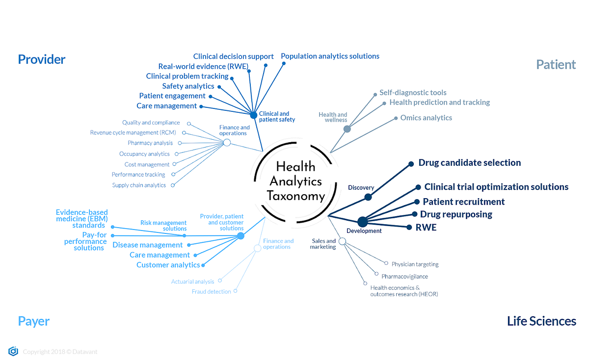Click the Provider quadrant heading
pos(42,59)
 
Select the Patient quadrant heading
pos(556,64)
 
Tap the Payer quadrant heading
pos(34,321)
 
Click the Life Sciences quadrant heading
pos(541,321)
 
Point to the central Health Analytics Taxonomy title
pos(295,181)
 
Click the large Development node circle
pos(362,222)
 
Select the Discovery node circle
pos(368,197)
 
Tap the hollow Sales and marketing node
pos(342,241)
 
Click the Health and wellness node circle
pos(347,129)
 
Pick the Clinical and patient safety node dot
pos(253,115)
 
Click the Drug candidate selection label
pos(469,163)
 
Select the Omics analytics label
pos(426,118)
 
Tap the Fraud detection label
pos(211,292)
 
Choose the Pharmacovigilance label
pos(404,277)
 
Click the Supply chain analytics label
pos(139,185)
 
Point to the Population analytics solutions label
pos(330,56)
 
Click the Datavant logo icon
pos(13,351)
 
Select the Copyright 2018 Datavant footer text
pos(60,352)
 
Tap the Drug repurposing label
pos(456,214)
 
